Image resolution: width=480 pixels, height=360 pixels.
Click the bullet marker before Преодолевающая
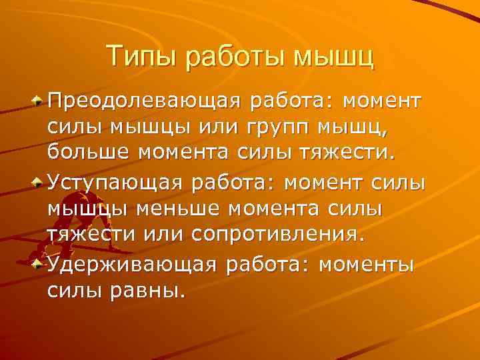[39, 102]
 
